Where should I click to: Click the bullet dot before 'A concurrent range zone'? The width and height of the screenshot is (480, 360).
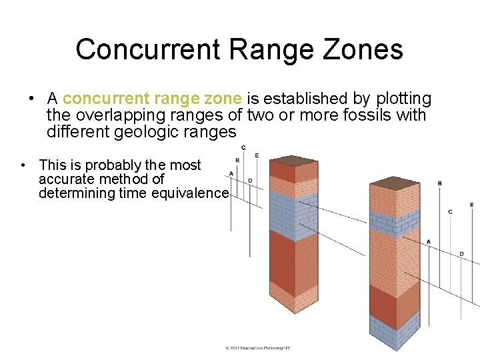coord(32,99)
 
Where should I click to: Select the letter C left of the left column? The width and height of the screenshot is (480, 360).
coord(243,147)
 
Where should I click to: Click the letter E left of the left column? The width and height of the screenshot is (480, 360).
coord(257,155)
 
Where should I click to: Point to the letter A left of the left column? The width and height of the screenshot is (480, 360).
coord(231,173)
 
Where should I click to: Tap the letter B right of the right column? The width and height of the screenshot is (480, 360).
coord(439,183)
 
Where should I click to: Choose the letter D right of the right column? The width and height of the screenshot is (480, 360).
coord(461,253)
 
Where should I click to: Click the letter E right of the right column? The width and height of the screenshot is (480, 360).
coord(472,205)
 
